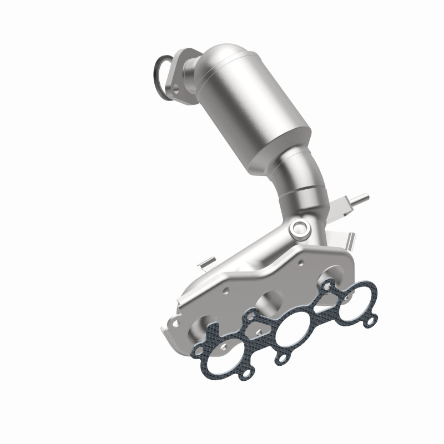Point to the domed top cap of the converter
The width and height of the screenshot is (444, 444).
[x=222, y=56]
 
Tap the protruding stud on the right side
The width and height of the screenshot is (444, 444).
[x=357, y=198]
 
